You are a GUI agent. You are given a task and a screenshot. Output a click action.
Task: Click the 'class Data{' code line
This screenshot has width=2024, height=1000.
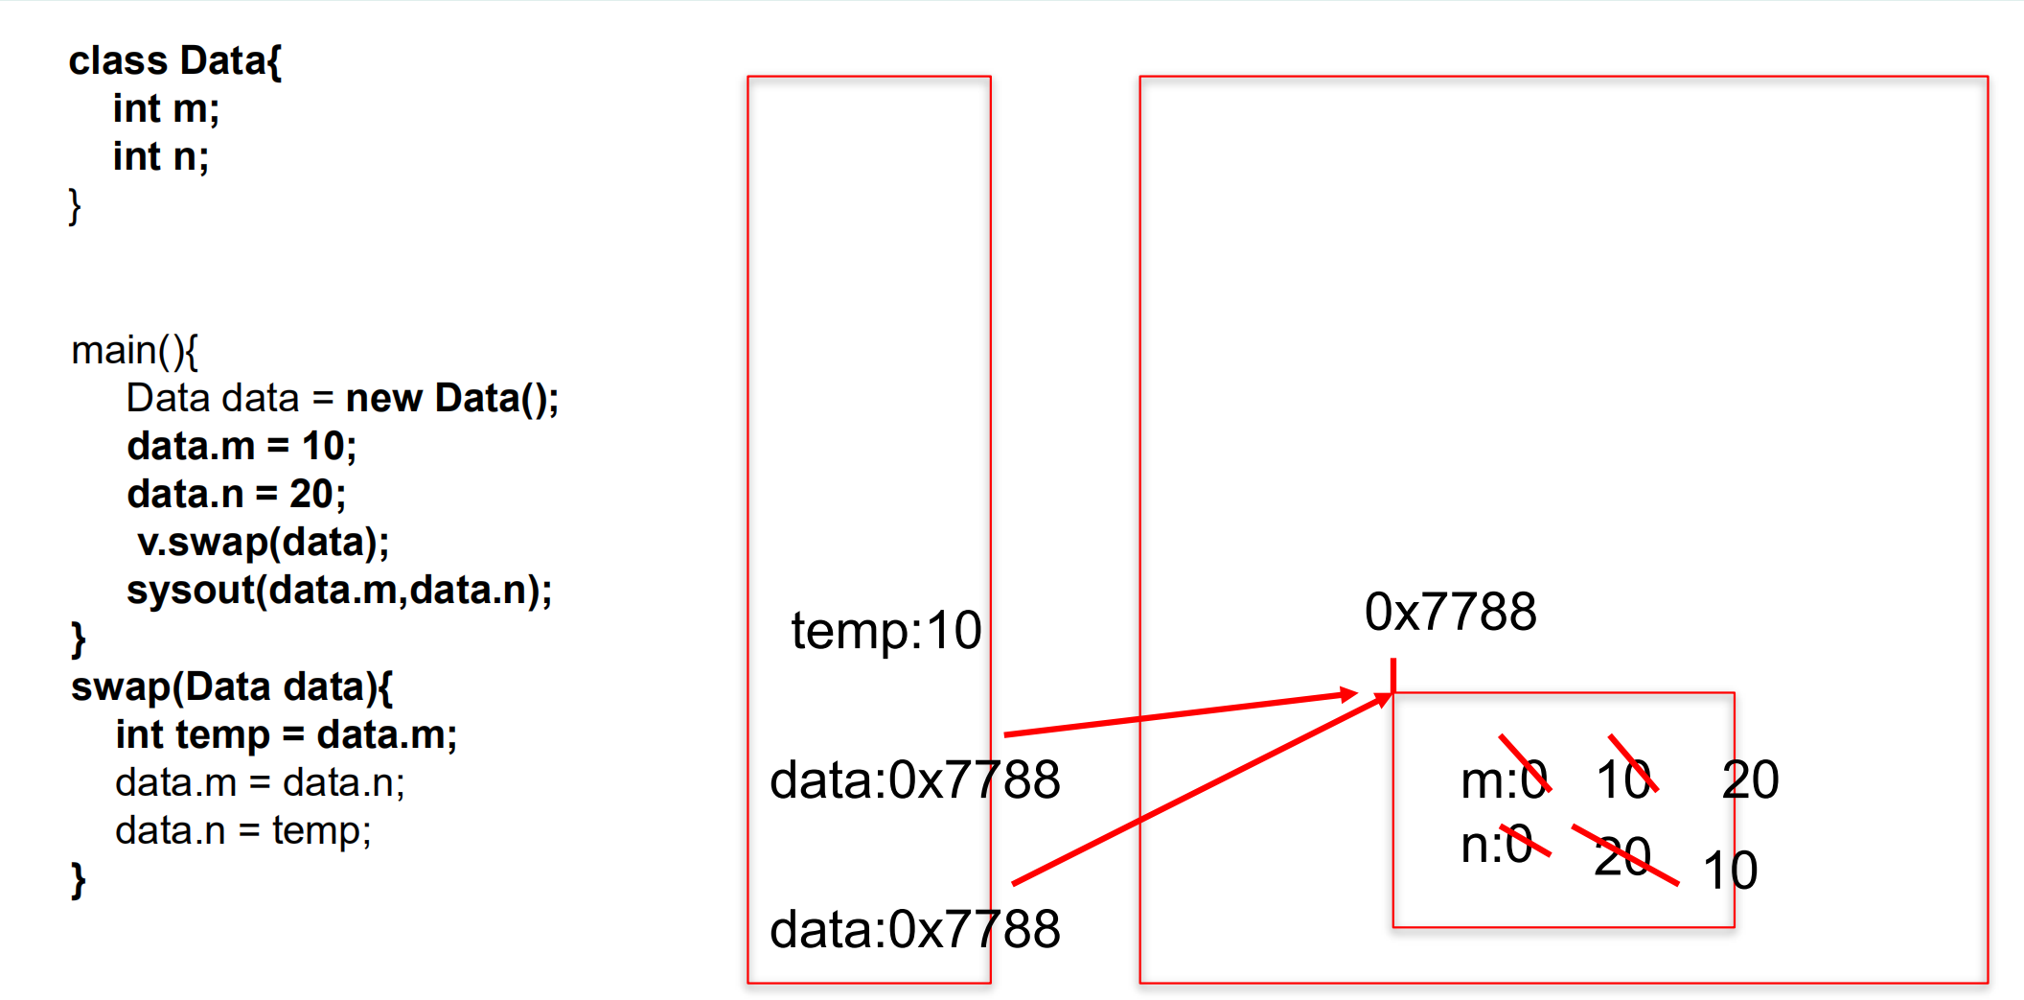tap(175, 61)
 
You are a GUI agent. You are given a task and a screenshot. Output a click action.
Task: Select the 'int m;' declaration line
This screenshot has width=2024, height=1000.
tap(166, 109)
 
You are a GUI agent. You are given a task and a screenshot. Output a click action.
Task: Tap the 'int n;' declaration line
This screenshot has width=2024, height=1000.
tap(161, 157)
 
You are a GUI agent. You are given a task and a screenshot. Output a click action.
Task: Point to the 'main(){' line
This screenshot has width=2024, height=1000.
tap(134, 351)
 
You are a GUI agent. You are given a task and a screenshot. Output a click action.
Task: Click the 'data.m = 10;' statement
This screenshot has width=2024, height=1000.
tap(241, 447)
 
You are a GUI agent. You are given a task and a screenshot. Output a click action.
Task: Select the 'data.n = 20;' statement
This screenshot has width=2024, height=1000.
tap(237, 495)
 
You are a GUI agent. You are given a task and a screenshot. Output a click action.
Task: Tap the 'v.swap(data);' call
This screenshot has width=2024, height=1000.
tap(263, 543)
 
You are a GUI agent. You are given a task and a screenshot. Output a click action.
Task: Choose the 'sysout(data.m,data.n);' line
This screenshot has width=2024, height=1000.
tap(339, 591)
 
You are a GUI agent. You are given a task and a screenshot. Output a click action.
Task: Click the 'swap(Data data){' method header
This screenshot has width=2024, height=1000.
tap(231, 687)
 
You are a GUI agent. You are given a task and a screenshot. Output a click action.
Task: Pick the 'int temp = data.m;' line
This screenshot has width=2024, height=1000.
tap(287, 735)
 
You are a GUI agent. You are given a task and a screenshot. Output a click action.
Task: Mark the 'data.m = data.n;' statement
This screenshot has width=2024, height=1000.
tap(260, 783)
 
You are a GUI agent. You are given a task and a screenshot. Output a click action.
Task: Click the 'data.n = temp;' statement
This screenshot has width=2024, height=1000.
tap(242, 831)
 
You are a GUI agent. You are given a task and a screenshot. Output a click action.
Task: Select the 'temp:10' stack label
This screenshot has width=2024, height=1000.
tap(885, 631)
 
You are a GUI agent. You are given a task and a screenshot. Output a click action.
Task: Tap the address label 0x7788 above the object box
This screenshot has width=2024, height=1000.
tap(1450, 612)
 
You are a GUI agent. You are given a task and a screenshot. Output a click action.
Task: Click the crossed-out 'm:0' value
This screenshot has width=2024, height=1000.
tap(1505, 779)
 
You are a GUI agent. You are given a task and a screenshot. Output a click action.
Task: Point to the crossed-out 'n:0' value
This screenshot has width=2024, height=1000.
tap(1497, 845)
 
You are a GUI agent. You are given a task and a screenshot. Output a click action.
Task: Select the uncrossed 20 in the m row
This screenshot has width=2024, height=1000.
tap(1750, 779)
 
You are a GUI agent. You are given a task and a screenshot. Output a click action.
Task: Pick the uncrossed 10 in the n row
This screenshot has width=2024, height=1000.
tap(1730, 871)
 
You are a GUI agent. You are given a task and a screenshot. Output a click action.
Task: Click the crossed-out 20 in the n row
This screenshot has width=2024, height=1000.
tap(1622, 856)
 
